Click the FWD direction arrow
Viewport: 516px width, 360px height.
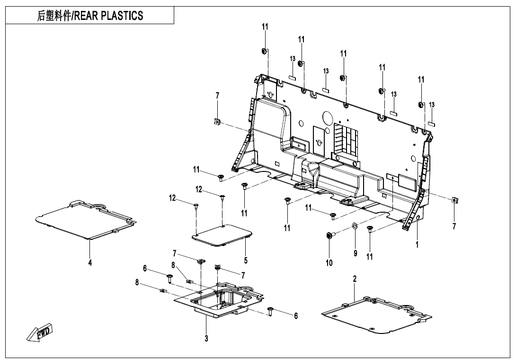point(40,332)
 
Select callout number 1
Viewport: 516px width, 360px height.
point(417,245)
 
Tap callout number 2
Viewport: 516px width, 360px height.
point(355,279)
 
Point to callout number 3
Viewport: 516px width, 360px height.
point(206,338)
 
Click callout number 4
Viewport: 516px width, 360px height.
point(90,263)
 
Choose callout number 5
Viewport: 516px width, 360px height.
point(246,260)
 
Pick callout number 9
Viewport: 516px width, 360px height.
point(355,253)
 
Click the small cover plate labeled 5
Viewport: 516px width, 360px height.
point(222,235)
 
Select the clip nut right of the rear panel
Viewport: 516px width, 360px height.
point(454,200)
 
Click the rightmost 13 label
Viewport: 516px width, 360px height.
point(432,104)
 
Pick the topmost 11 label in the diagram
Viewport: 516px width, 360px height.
point(265,27)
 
